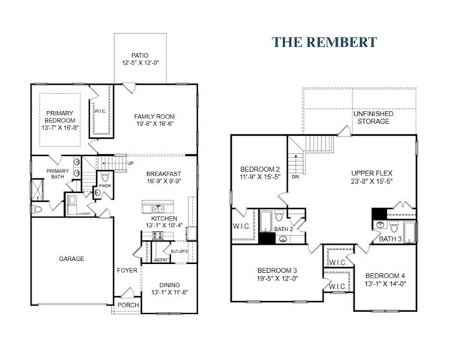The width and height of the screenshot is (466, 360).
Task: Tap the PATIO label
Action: point(140,55)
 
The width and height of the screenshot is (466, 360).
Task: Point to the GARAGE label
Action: point(71,259)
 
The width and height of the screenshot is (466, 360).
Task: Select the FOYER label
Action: point(126,270)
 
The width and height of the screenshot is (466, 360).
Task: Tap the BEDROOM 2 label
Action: point(260,169)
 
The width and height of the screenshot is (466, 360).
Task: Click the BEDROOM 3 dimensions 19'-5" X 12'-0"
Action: point(278,279)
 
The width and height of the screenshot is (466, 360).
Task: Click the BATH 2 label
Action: point(282,229)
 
